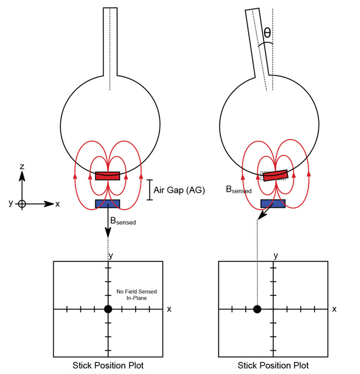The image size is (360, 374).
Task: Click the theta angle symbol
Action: pyautogui.click(x=267, y=33)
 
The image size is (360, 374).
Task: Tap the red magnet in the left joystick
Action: pyautogui.click(x=107, y=176)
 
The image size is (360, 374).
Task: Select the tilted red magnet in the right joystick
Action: pyautogui.click(x=275, y=175)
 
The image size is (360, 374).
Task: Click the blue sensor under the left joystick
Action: pyautogui.click(x=107, y=203)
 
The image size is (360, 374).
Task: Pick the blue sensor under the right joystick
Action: pyautogui.click(x=272, y=203)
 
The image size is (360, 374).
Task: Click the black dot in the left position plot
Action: pyautogui.click(x=108, y=309)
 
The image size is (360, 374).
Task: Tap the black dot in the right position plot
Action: pyautogui.click(x=257, y=309)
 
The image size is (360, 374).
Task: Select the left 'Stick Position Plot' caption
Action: pyautogui.click(x=108, y=366)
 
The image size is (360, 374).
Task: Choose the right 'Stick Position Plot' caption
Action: pyautogui.click(x=273, y=366)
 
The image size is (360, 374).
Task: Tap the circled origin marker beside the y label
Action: pyautogui.click(x=22, y=203)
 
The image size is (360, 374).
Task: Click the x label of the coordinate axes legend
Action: pyautogui.click(x=58, y=204)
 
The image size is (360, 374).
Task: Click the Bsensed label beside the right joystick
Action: pyautogui.click(x=239, y=189)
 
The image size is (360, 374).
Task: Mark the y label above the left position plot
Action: pyautogui.click(x=111, y=255)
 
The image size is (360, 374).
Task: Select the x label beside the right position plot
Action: pyautogui.click(x=334, y=309)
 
